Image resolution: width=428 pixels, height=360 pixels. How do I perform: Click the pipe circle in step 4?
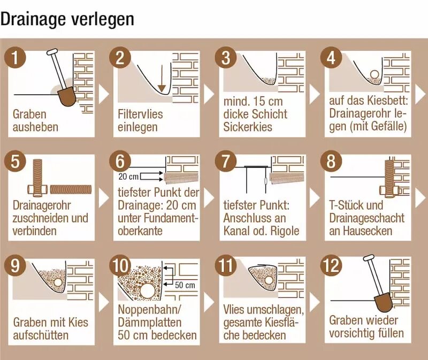point(373,74)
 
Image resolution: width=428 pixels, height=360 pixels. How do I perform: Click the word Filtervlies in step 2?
point(140,114)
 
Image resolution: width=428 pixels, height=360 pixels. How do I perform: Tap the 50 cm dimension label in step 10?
point(185,285)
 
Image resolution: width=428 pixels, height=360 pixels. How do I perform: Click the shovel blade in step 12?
point(382,303)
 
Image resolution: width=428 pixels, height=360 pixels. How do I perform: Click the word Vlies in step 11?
point(235,310)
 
